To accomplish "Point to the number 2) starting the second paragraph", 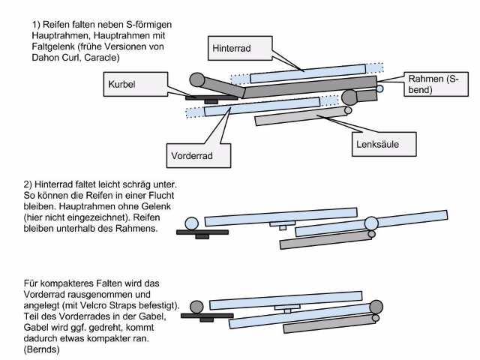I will (36, 184).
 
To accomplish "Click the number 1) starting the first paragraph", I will (36, 24).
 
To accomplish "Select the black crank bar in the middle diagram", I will (202, 232).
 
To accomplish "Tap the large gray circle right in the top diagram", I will (349, 97).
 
